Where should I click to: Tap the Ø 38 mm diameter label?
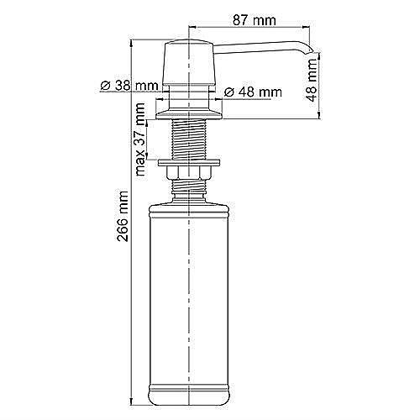pyautogui.click(x=128, y=86)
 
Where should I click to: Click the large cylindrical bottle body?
pyautogui.click(x=192, y=294)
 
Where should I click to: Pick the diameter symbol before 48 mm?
pyautogui.click(x=228, y=91)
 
